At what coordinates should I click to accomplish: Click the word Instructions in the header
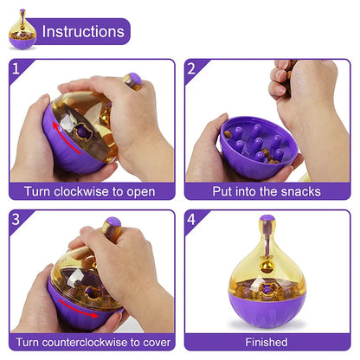coord(83,32)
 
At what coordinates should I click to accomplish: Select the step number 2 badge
coord(193,68)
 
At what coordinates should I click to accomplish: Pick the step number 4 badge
coord(193,220)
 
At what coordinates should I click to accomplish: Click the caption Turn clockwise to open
coord(90,191)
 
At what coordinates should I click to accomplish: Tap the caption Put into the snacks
coord(265,191)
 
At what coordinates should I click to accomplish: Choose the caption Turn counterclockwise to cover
coord(90,342)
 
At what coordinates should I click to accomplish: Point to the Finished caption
coord(266,342)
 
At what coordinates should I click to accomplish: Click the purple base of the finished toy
coord(267,312)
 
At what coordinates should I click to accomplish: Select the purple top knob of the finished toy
coord(267,221)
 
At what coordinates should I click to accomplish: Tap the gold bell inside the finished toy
coord(267,260)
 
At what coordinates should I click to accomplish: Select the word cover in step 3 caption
coord(153,342)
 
